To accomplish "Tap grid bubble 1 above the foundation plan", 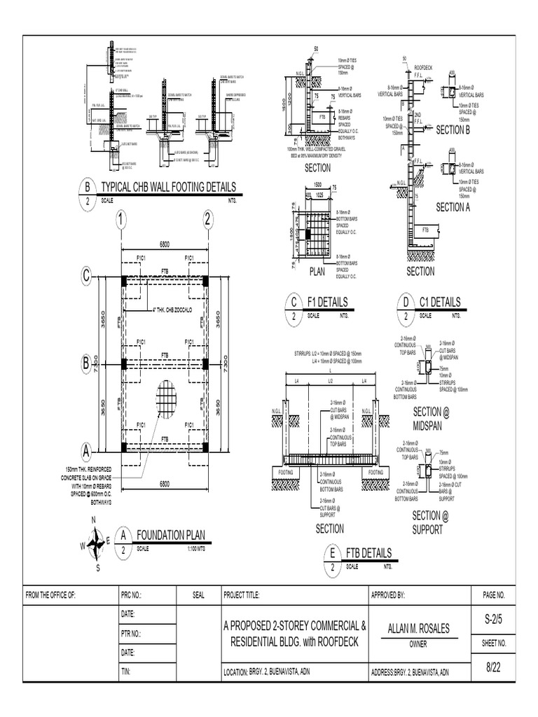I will pos(121,222).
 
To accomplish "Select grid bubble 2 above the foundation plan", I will pos(207,222).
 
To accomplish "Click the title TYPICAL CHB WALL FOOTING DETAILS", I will pos(169,187).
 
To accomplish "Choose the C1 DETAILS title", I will pos(440,302).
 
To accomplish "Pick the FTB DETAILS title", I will pos(368,552).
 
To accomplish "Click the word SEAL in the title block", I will pos(199,595).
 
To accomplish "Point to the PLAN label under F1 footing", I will pos(319,271).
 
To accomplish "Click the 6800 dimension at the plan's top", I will pos(165,244).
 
